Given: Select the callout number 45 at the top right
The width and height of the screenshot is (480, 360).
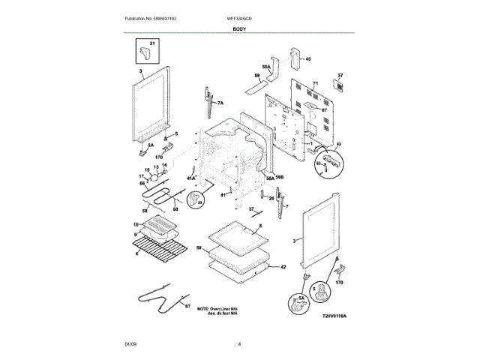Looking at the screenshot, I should click(307, 58).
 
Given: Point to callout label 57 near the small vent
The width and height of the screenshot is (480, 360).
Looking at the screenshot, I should click(340, 76).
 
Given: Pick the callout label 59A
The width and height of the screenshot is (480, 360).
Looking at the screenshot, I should click(265, 66).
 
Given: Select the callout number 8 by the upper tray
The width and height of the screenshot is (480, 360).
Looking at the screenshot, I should click(259, 225).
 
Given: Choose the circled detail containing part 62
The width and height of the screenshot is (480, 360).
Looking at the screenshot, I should click(331, 160).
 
